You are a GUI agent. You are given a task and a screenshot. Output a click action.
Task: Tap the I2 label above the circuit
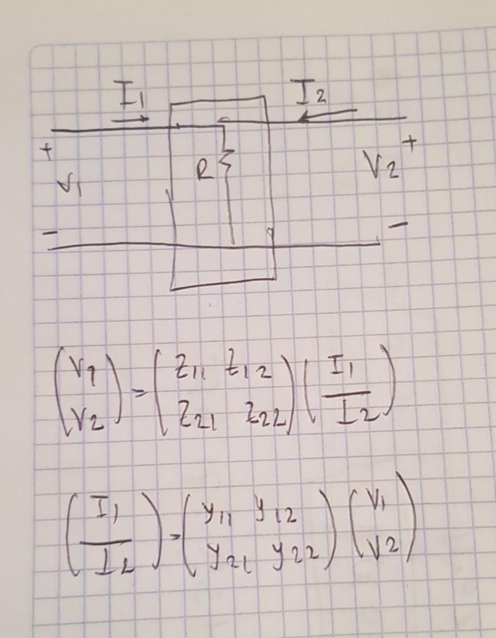point(311,94)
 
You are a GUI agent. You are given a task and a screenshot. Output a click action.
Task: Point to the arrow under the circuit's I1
point(131,118)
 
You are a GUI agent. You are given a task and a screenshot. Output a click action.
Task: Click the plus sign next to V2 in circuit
point(409,143)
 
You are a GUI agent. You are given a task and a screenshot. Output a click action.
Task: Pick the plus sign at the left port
point(45,151)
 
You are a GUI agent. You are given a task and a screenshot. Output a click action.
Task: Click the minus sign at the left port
point(48,233)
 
